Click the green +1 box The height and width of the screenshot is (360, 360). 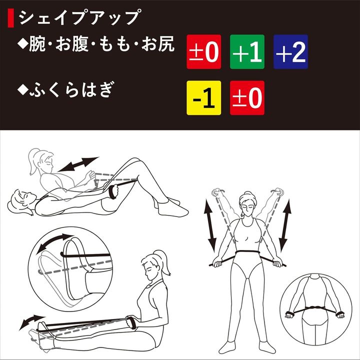(247, 52)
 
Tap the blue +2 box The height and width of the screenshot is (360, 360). (290, 52)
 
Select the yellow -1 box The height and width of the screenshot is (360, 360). (203, 97)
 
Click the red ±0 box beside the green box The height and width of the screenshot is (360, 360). (203, 52)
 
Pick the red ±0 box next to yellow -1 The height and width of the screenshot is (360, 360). (247, 97)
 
